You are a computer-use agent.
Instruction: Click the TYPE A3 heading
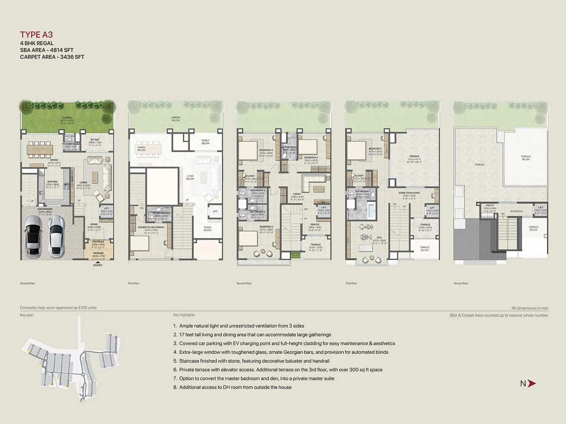point(36,35)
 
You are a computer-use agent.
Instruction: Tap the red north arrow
point(532,383)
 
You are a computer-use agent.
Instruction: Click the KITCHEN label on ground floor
point(52,182)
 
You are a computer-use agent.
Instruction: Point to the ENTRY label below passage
point(98,265)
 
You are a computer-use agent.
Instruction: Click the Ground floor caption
point(28,283)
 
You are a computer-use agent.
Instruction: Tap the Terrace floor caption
point(461,283)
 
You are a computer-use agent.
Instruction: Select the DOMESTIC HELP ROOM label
point(151,227)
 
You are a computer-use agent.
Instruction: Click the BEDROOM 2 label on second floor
point(266,150)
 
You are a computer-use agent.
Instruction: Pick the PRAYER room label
point(314,224)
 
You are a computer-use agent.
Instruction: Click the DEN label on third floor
point(379,237)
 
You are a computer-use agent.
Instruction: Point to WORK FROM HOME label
point(409,193)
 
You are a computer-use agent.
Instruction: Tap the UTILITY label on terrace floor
point(490,205)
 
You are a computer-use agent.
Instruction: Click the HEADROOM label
point(516,211)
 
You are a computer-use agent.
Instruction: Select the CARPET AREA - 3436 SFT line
point(52,57)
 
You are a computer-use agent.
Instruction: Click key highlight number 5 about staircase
point(254,361)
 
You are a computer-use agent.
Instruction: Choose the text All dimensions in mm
point(530,308)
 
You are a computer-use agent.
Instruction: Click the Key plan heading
point(27,315)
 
